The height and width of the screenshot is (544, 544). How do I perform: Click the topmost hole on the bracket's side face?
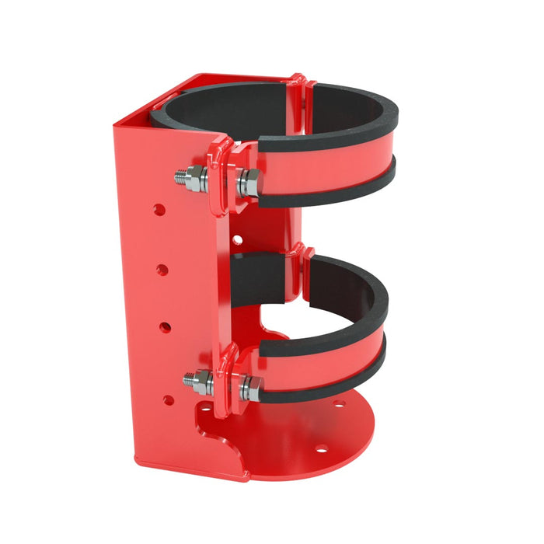tap(159, 210)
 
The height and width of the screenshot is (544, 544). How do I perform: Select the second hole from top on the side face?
tap(162, 269)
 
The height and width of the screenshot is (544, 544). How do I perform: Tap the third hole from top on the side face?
tap(165, 327)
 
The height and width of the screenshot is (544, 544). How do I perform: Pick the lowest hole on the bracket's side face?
tap(168, 400)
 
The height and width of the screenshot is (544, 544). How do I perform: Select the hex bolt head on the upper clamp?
tap(249, 183)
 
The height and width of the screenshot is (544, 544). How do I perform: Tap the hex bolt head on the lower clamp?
tap(250, 387)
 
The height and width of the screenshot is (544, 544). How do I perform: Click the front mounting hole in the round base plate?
tap(318, 449)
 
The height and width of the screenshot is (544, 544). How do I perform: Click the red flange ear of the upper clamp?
tap(221, 175)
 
